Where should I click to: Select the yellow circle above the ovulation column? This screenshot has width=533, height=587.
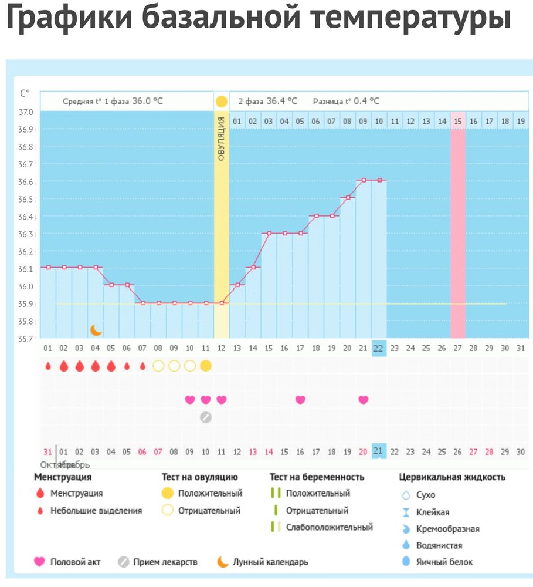221,102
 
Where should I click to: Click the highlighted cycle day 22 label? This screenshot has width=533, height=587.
379,348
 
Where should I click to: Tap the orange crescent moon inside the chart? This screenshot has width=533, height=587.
96,330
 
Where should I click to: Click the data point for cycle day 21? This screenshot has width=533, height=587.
363,180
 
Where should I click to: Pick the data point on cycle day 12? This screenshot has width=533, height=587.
221,303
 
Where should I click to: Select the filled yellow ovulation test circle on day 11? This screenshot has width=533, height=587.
205,366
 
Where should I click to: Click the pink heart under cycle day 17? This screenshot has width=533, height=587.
300,400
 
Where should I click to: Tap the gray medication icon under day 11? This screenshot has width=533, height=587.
205,417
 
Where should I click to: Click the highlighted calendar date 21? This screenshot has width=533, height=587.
379,451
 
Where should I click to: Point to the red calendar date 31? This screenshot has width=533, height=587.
47,451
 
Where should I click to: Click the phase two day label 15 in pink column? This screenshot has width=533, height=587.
458,122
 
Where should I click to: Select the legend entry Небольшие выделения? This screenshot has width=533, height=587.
96,511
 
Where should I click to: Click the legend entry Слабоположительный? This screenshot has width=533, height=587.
329,527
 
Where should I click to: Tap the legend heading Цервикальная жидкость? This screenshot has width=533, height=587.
452,477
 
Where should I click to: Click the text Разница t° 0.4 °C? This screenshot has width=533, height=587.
346,101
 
